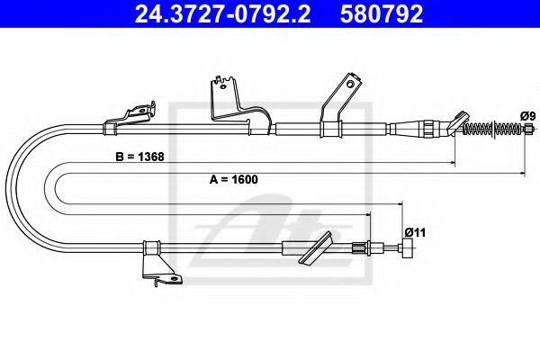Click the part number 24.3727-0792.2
pos(215,13)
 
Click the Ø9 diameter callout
pos(527,115)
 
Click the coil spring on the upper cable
pos(487,131)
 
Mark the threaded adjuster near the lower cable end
pos(363,247)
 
